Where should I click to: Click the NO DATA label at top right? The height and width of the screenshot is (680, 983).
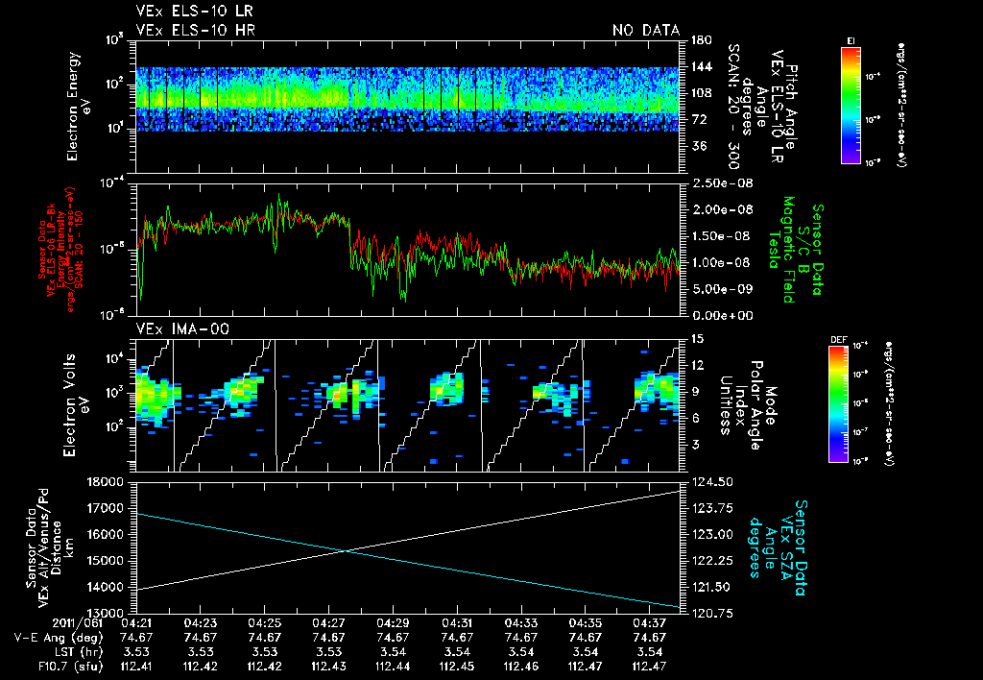[x=646, y=31]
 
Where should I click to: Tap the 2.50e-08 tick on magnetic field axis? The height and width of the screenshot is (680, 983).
[x=711, y=183]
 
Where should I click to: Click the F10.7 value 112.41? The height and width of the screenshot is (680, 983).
[x=136, y=666]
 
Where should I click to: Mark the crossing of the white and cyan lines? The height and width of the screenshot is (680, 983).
[x=345, y=550]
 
